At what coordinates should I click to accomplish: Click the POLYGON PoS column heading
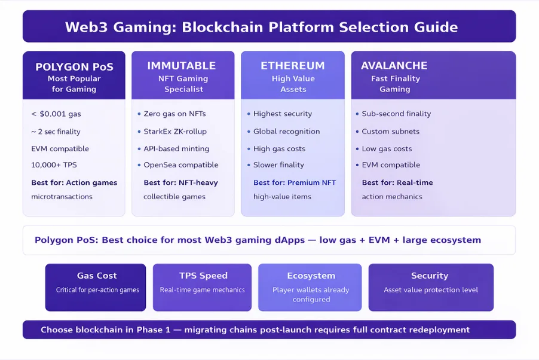tap(74, 66)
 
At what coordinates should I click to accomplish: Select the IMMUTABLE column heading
tap(182, 66)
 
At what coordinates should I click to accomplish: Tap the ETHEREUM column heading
tap(293, 66)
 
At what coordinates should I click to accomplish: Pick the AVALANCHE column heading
tap(394, 66)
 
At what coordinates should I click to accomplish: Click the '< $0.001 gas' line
tap(56, 114)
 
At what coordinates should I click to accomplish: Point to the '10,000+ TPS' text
tap(54, 164)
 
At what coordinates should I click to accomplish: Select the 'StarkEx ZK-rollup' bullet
tap(175, 131)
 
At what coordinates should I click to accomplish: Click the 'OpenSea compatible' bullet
tap(181, 164)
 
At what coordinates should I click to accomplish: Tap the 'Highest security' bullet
tap(283, 114)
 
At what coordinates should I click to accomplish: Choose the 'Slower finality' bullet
tap(278, 164)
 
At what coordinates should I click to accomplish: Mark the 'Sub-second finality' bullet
tap(396, 114)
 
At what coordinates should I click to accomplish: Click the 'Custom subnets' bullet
tap(391, 131)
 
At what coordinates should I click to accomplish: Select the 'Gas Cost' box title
tap(97, 276)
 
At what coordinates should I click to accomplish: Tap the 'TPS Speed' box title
tap(203, 276)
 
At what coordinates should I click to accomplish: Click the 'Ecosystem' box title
tap(311, 276)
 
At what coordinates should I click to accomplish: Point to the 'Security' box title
tap(430, 276)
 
